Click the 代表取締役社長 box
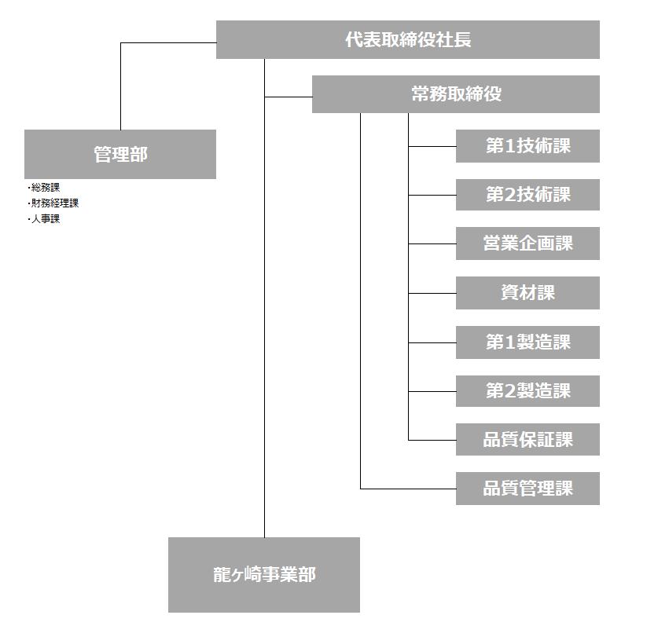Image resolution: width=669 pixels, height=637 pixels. (407, 39)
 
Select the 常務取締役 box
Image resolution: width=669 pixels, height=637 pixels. (456, 94)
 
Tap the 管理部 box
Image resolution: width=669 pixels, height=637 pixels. (120, 155)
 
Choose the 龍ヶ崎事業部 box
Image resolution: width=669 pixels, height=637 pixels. (264, 575)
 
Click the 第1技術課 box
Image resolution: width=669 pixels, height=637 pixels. (527, 146)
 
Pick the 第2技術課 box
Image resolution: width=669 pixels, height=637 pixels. (527, 195)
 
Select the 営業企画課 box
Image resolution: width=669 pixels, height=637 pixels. (527, 243)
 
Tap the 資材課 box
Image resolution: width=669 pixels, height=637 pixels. (527, 293)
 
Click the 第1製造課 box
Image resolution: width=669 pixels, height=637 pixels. (527, 342)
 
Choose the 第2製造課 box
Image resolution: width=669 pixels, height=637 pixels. (527, 391)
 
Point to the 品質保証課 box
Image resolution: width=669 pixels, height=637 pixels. (527, 440)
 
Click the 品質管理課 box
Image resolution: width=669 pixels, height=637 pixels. (527, 489)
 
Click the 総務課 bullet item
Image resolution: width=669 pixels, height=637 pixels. (44, 188)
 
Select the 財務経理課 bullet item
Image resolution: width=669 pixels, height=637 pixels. (53, 203)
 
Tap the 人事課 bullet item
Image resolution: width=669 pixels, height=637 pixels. (44, 218)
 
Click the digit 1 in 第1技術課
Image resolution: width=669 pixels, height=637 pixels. (509, 146)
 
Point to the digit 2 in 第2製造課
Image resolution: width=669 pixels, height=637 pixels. (509, 391)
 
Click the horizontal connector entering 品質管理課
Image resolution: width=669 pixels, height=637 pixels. (408, 489)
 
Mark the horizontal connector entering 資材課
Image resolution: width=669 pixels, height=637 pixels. (432, 293)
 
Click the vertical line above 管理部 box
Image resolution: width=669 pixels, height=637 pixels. (121, 86)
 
